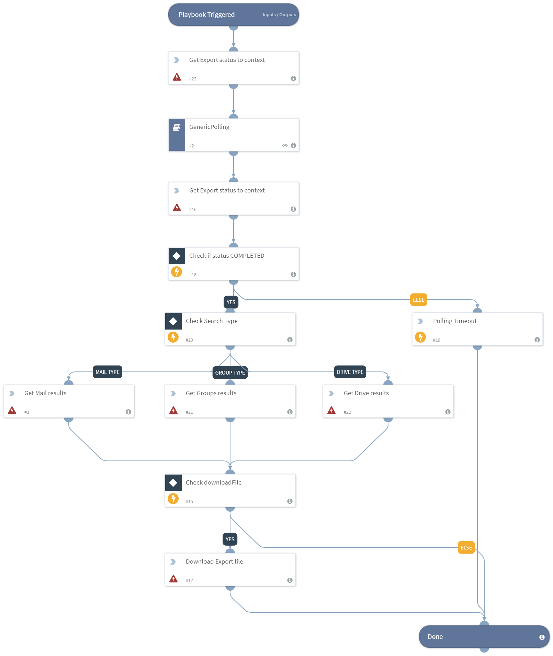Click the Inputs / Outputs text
(x=279, y=15)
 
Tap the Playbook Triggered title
(x=206, y=15)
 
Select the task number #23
(x=193, y=79)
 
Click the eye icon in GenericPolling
(x=285, y=145)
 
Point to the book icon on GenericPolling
(x=177, y=127)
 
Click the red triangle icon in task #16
(x=177, y=208)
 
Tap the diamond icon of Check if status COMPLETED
(x=177, y=256)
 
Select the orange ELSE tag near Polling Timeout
(x=418, y=300)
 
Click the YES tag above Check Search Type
(x=231, y=302)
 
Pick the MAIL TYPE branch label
(x=108, y=372)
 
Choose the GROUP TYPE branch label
(x=230, y=373)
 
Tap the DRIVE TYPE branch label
(x=350, y=372)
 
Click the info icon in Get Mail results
(x=128, y=412)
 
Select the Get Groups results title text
(x=211, y=393)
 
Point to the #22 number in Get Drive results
(x=347, y=412)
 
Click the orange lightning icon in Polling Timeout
(x=420, y=337)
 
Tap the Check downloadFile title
(x=213, y=482)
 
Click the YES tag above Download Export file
(x=230, y=539)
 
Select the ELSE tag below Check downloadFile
(x=466, y=547)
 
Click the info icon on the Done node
(x=542, y=637)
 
